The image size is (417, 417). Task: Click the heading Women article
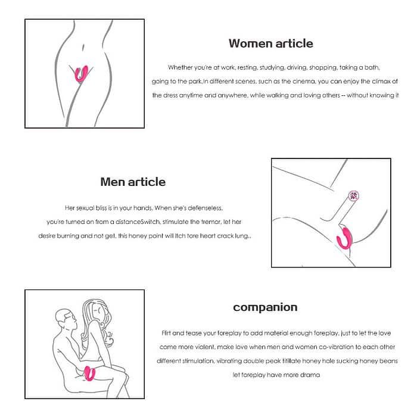pyautogui.click(x=270, y=43)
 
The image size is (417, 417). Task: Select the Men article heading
pyautogui.click(x=133, y=182)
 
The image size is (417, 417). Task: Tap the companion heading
pyautogui.click(x=265, y=307)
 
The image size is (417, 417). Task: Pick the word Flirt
pyautogui.click(x=169, y=333)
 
